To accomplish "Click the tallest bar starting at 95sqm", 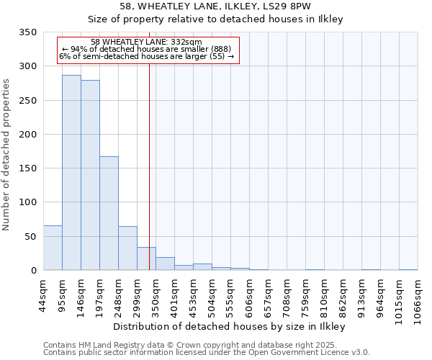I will (71, 173).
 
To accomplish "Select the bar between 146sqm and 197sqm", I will (90, 175).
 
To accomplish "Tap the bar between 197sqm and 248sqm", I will (109, 213).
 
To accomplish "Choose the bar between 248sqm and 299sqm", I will (127, 248).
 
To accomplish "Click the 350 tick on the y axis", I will (27, 32).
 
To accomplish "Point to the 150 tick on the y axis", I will (27, 168).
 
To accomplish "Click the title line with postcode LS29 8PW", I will (215, 6).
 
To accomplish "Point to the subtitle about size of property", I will (215, 19).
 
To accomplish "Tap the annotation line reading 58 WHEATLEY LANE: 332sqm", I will (147, 42).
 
